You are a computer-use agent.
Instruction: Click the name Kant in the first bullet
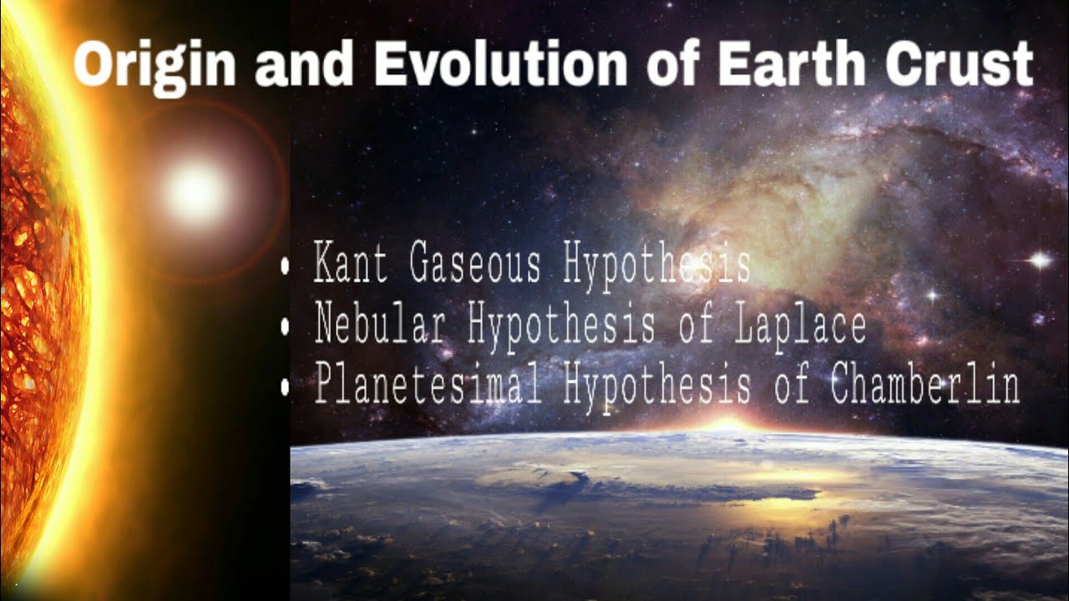pyautogui.click(x=351, y=265)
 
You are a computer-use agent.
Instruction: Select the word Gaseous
pyautogui.click(x=475, y=265)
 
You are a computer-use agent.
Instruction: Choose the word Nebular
pyautogui.click(x=380, y=324)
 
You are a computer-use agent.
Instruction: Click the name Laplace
pyautogui.click(x=799, y=326)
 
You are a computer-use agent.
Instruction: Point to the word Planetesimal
pyautogui.click(x=428, y=385)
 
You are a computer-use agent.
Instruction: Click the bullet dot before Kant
pyautogui.click(x=286, y=267)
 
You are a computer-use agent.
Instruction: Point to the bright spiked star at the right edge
pyautogui.click(x=1039, y=260)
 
